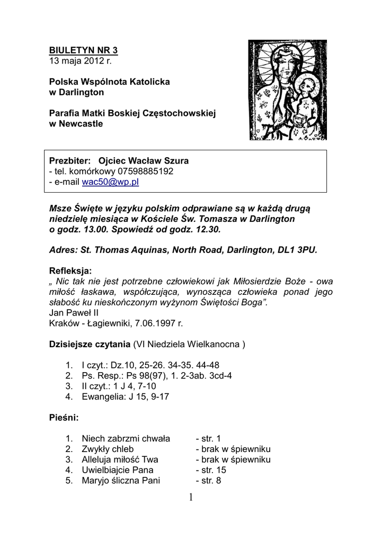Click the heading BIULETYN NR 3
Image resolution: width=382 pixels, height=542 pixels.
(x=83, y=50)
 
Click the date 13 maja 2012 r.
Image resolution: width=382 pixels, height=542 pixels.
(x=81, y=61)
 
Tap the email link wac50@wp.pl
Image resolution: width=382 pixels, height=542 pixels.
(x=110, y=182)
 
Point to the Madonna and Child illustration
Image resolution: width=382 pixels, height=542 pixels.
(x=288, y=90)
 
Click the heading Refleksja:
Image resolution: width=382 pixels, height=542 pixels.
(x=70, y=270)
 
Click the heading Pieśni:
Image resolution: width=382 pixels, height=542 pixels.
(x=64, y=418)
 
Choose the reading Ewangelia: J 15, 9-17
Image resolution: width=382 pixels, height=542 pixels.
(x=125, y=396)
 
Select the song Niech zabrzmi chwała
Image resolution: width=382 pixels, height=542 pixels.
(x=126, y=438)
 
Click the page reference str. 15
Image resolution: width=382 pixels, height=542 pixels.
(x=211, y=470)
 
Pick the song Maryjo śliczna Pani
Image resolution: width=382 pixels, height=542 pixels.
(x=121, y=481)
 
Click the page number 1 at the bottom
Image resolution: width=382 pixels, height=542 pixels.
(x=191, y=497)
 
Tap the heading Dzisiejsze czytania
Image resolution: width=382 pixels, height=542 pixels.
(x=90, y=345)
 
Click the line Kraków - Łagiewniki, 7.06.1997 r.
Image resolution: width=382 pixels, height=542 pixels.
(x=116, y=323)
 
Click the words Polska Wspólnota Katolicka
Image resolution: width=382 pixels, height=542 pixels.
(x=110, y=82)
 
